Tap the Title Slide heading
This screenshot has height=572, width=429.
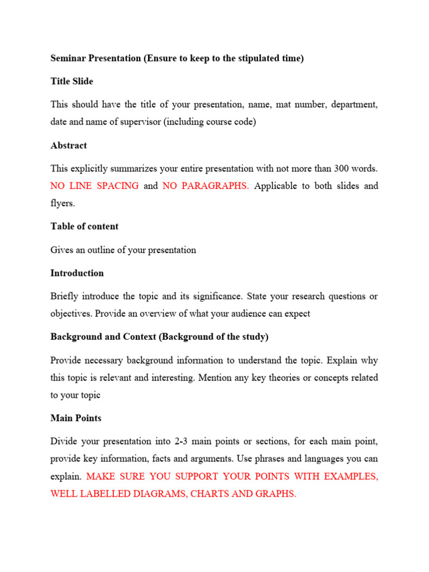coord(71,82)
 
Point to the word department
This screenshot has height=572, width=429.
coord(355,104)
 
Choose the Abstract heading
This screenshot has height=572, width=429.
coord(69,145)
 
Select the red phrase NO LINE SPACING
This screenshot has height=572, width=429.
coord(94,186)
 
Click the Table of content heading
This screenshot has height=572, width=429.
coord(84,227)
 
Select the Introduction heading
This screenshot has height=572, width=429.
coord(77,273)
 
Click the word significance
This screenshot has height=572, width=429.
coord(215,296)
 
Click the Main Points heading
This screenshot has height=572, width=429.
coord(76,418)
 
